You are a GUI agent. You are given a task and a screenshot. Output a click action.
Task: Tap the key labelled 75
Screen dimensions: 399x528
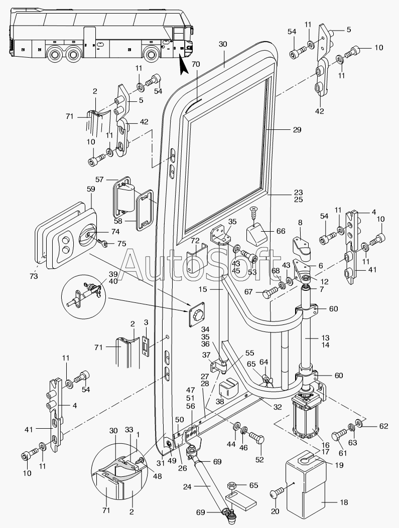pyautogui.click(x=102, y=243)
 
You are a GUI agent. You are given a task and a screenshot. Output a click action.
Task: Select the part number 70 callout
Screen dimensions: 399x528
pyautogui.click(x=195, y=64)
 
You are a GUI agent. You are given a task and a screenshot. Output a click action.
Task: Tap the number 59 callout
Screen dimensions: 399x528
pyautogui.click(x=91, y=190)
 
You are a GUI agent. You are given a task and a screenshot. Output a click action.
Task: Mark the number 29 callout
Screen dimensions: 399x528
pyautogui.click(x=297, y=130)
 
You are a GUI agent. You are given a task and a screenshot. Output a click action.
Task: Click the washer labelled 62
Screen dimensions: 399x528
pyautogui.click(x=360, y=422)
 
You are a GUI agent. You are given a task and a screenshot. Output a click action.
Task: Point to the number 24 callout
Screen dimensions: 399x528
pyautogui.click(x=188, y=486)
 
